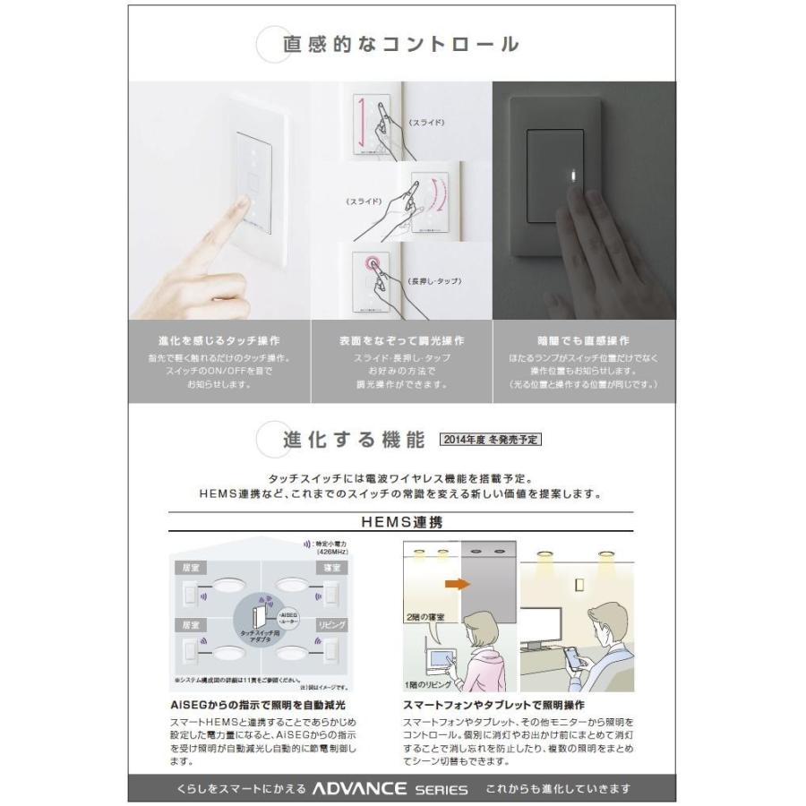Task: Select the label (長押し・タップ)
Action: [435, 281]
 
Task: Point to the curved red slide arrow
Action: [436, 202]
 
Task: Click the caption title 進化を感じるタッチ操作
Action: [219, 341]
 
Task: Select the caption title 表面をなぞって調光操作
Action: [402, 341]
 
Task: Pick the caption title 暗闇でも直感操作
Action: [583, 341]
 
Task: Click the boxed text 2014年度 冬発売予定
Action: [491, 440]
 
